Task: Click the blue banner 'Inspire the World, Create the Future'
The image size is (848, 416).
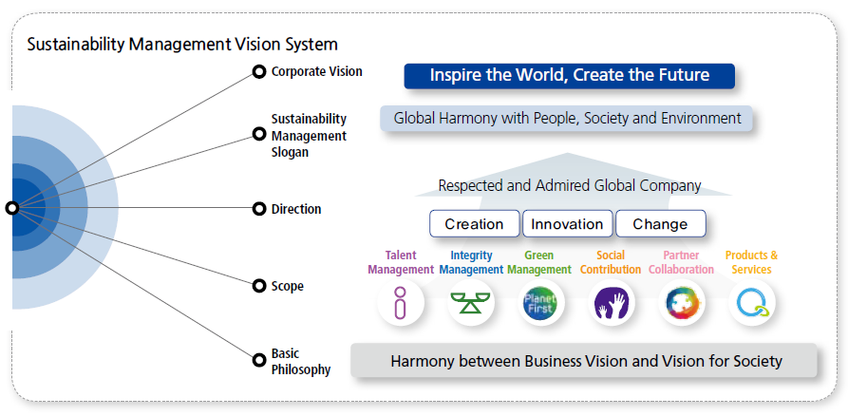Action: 570,75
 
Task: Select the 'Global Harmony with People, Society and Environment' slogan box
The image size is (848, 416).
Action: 567,119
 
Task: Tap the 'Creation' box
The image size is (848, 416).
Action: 474,224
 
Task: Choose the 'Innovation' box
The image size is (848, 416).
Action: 566,224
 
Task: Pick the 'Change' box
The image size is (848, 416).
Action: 660,224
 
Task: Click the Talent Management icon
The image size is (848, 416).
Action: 400,304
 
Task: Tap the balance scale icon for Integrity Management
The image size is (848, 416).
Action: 470,304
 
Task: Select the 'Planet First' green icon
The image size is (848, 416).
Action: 539,304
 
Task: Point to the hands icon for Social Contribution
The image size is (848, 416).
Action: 611,304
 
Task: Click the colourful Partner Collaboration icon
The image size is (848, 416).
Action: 681,304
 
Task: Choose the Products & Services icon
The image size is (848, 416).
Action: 752,304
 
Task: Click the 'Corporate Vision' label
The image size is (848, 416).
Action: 316,71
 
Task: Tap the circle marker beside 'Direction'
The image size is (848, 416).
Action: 258,209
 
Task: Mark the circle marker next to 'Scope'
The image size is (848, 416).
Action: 258,285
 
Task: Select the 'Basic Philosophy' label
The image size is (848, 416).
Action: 300,362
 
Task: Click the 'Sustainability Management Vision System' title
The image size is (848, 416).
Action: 182,44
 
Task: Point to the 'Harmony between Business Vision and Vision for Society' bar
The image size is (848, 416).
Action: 586,361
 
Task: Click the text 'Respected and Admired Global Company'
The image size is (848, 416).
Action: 570,185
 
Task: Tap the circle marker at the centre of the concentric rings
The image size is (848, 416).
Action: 12,208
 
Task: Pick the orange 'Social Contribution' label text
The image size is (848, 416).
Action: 611,262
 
